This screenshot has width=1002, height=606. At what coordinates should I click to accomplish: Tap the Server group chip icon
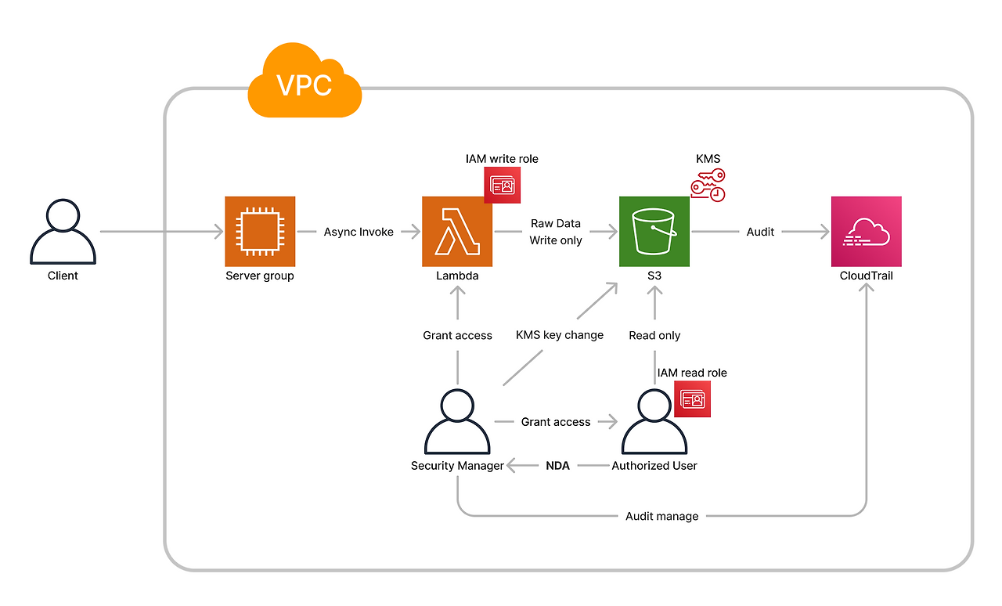(x=260, y=232)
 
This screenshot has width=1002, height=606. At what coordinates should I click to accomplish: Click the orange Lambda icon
(x=457, y=232)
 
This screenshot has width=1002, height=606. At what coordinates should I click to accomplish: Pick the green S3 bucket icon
(x=654, y=232)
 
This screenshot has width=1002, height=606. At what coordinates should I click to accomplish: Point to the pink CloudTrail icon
(x=866, y=232)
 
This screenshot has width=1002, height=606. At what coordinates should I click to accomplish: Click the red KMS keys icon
(x=708, y=185)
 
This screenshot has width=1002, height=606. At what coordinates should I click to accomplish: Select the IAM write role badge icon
(x=502, y=186)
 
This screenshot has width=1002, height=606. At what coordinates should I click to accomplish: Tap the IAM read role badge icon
(x=692, y=399)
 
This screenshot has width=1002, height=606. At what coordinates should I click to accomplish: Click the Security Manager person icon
(x=457, y=421)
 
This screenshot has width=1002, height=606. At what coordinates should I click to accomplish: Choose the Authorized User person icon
(x=654, y=421)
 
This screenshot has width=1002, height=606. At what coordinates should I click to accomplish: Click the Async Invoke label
(x=359, y=232)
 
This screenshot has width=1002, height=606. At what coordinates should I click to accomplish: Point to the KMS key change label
(x=560, y=335)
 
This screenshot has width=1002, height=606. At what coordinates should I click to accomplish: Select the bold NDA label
(x=557, y=465)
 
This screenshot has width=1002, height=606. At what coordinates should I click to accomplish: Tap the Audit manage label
(x=662, y=516)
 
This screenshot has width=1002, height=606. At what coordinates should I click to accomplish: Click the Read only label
(x=654, y=335)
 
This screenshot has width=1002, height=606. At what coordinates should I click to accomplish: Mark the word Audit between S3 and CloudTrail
(x=760, y=232)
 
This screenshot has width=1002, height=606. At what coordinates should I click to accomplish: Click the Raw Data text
(x=556, y=223)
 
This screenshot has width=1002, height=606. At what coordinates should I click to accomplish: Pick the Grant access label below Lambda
(x=457, y=335)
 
